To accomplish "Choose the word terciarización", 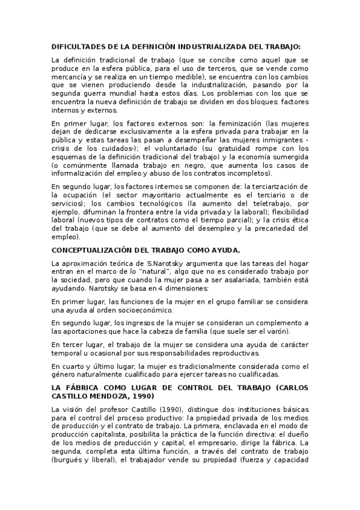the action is (x=276, y=186).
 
